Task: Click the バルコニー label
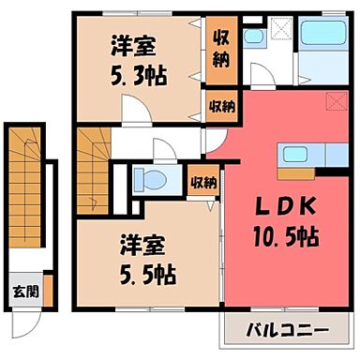287,332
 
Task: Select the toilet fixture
142,178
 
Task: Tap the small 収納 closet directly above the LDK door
222,107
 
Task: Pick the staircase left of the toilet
92,159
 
